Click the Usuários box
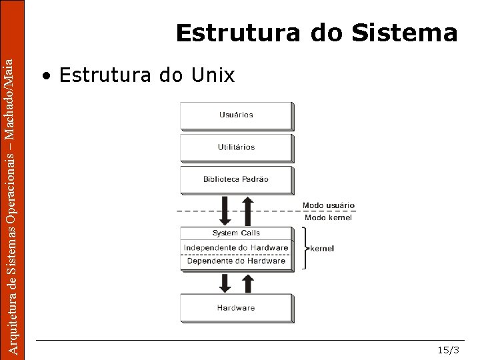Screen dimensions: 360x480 (236, 115)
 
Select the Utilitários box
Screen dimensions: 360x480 (236, 147)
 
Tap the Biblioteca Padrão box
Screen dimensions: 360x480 (236, 179)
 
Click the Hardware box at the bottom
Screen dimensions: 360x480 (236, 308)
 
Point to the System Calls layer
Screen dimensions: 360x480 (236, 233)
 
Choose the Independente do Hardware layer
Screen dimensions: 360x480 (236, 247)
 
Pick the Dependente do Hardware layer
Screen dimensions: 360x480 (236, 261)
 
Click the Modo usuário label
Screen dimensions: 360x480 (329, 205)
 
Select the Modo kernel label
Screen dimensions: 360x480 (328, 217)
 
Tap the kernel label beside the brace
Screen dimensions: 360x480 (322, 248)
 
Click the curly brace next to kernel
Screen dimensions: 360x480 (305, 248)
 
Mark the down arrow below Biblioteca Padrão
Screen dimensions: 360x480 (225, 211)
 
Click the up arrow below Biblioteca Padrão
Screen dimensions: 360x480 (247, 211)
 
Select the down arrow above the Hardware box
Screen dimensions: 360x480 (225, 283)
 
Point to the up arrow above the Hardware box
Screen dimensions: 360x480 (247, 283)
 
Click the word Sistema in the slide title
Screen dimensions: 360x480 (405, 33)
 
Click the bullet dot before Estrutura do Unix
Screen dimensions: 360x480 (46, 76)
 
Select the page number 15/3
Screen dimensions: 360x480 (448, 350)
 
